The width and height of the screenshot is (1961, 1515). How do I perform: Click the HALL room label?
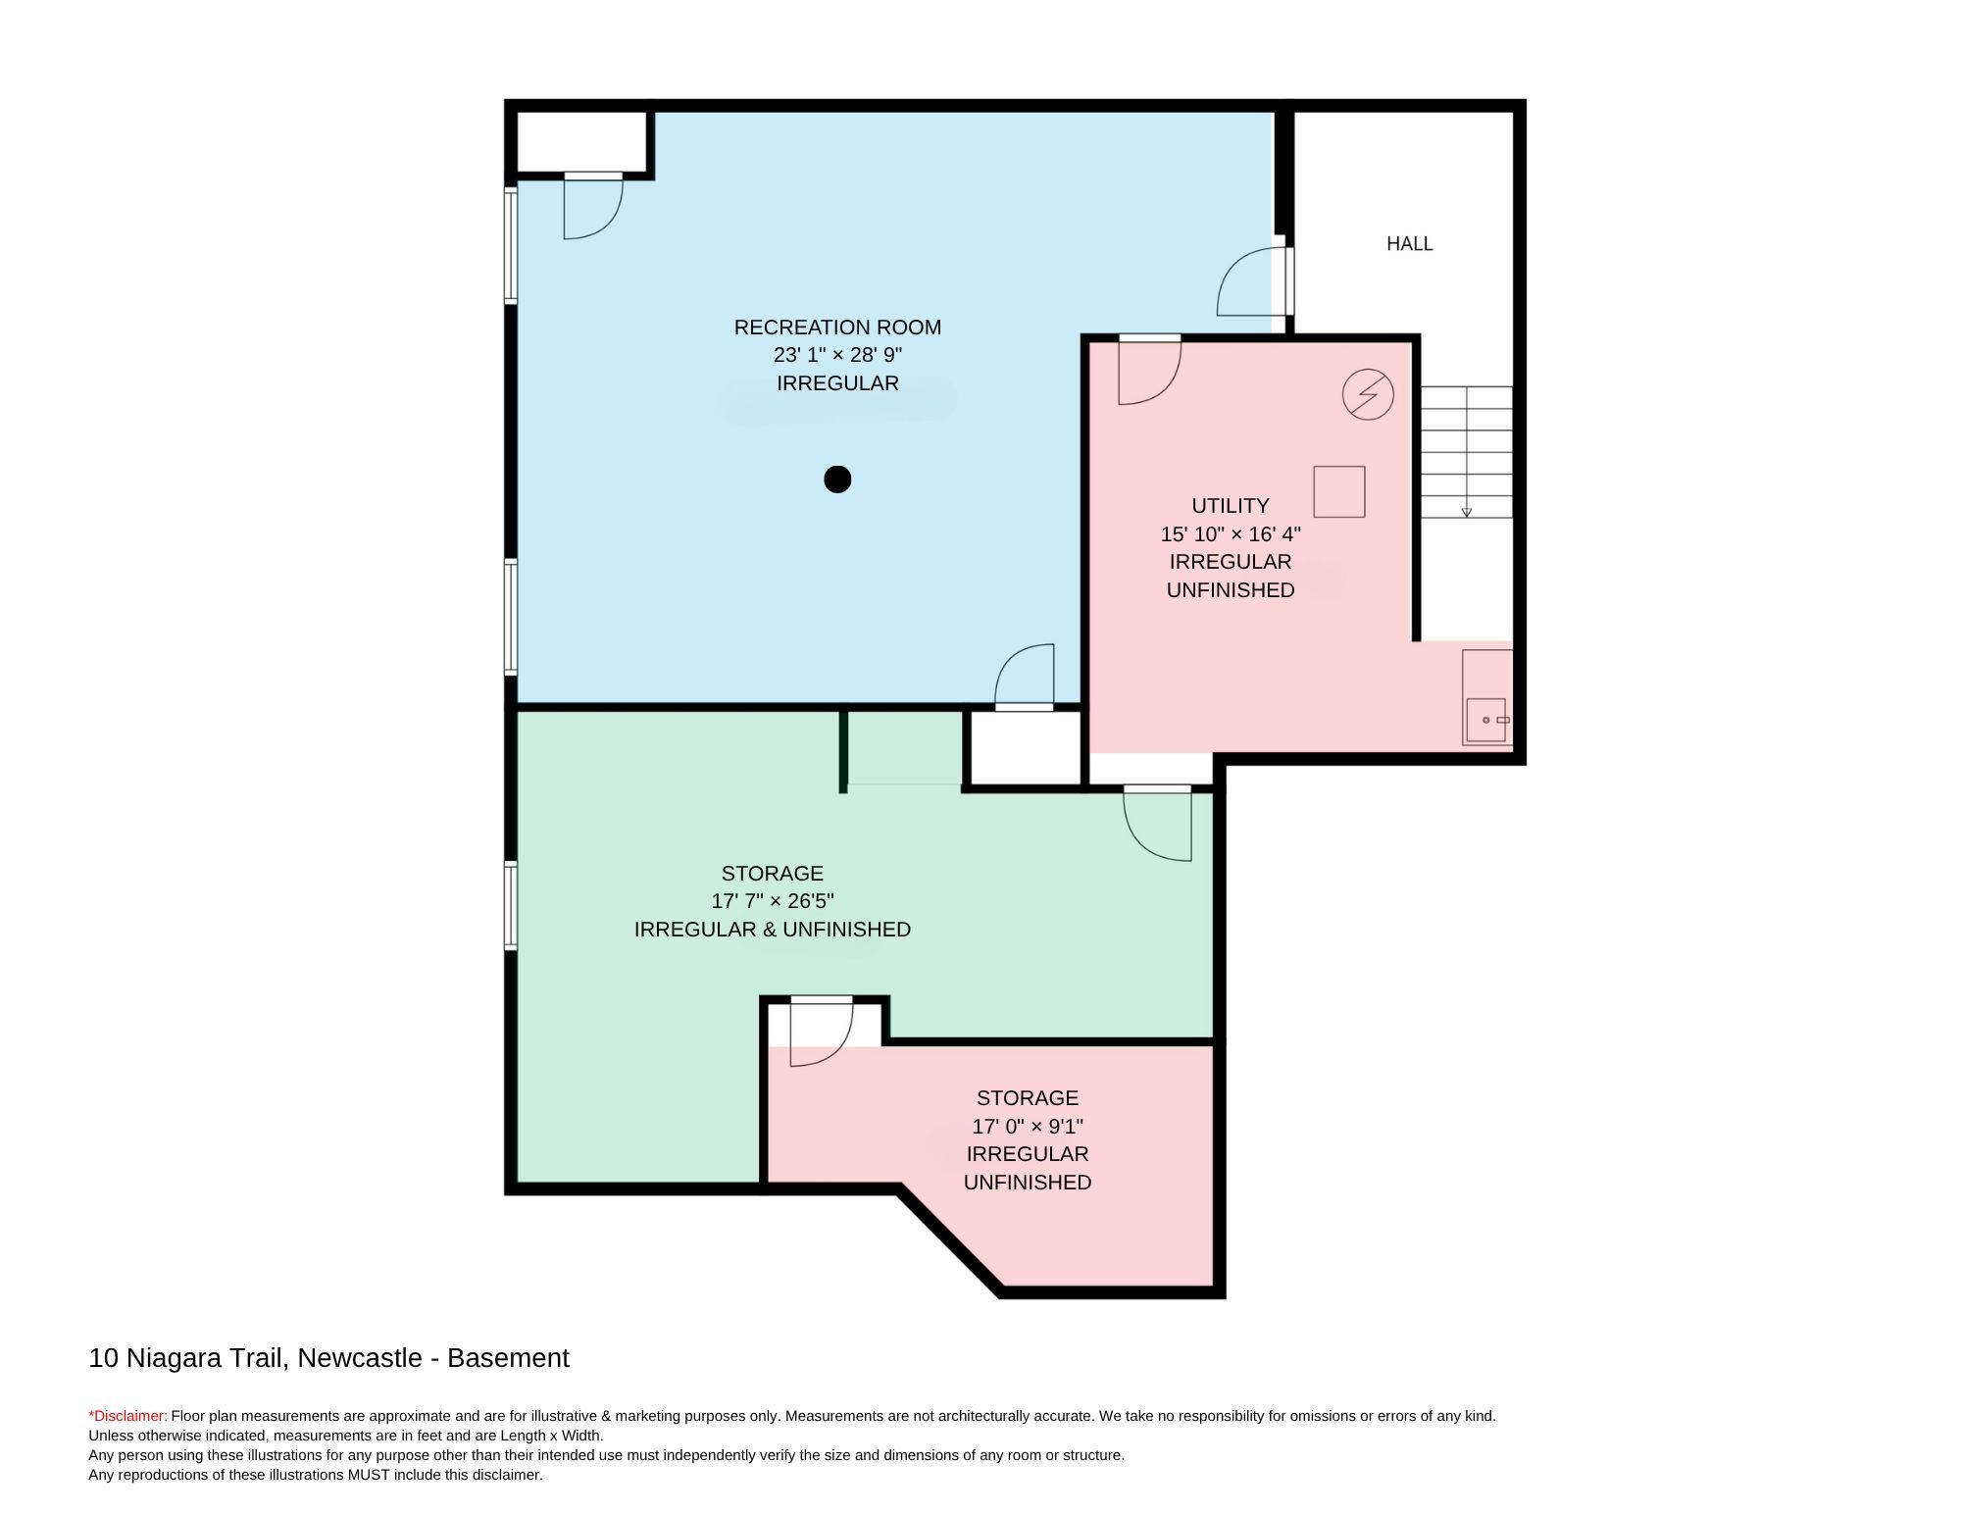click(x=1409, y=244)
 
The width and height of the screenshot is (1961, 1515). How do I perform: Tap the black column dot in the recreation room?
click(x=837, y=480)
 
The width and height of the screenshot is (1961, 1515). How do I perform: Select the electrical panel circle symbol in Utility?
click(x=1368, y=394)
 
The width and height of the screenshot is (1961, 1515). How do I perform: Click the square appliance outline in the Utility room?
click(x=1339, y=491)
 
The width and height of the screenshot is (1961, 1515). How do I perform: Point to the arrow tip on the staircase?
click(x=1467, y=514)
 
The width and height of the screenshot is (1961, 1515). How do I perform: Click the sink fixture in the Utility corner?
click(x=1486, y=720)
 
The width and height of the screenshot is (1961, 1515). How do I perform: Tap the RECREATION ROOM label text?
click(x=837, y=328)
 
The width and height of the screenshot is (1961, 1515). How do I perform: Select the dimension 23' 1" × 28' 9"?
click(x=837, y=355)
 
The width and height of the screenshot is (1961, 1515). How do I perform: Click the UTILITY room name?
click(x=1231, y=506)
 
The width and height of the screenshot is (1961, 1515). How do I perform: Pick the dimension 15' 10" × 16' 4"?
click(x=1231, y=534)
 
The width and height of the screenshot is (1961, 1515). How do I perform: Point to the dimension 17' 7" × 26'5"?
click(x=773, y=901)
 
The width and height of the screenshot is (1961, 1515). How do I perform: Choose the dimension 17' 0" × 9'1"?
click(x=1028, y=1127)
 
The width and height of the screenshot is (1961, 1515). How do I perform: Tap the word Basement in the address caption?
click(x=508, y=1358)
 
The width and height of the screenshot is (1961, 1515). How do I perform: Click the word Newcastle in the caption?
click(x=360, y=1358)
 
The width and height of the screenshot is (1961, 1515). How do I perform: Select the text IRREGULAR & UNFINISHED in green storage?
click(x=773, y=930)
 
